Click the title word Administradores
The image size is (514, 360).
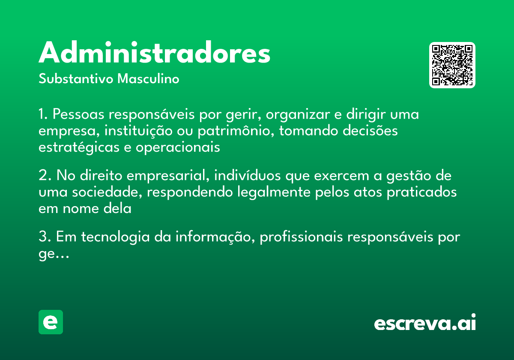[x=154, y=54]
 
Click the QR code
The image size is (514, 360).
[x=452, y=65]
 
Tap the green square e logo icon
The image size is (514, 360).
[x=51, y=322]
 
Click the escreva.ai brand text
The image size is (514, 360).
[x=425, y=323]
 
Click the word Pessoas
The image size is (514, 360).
[x=79, y=115]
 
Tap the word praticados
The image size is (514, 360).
[x=421, y=192]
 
